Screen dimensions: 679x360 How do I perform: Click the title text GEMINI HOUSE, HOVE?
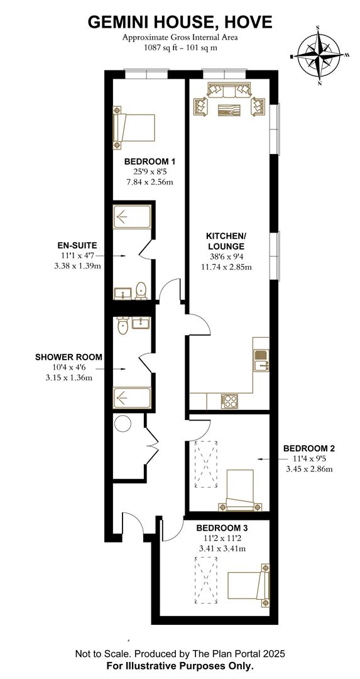tap(180, 22)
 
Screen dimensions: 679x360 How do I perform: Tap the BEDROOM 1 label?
tap(149, 161)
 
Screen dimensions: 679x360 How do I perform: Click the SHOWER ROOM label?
tap(68, 357)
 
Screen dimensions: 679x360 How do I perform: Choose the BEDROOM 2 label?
tap(308, 448)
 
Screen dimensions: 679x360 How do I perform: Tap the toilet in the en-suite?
tap(142, 290)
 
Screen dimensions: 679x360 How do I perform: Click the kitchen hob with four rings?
tap(229, 400)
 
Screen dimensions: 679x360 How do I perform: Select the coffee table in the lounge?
tap(228, 111)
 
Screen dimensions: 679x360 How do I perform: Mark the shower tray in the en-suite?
tap(132, 218)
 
